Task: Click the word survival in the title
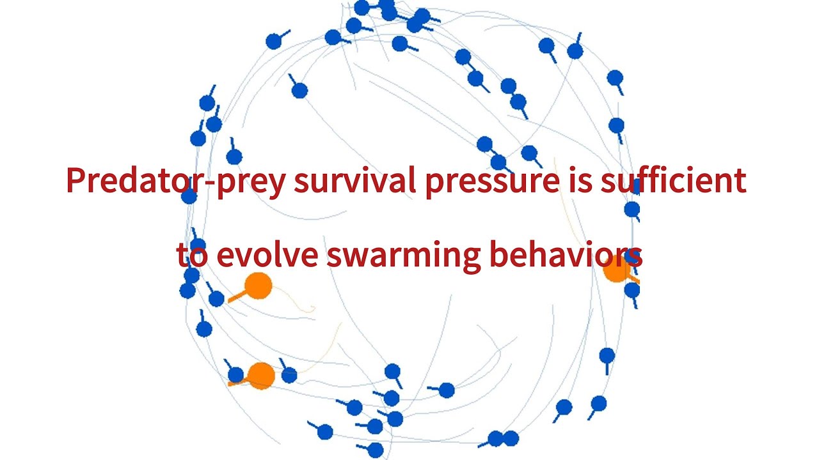[x=348, y=181]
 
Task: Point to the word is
[x=582, y=181]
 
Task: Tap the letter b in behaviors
[x=498, y=254]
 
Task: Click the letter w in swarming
[x=357, y=257]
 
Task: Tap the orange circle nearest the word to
[x=258, y=286]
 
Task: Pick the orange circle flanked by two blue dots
[x=261, y=376]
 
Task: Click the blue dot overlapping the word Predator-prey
[x=189, y=195]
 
